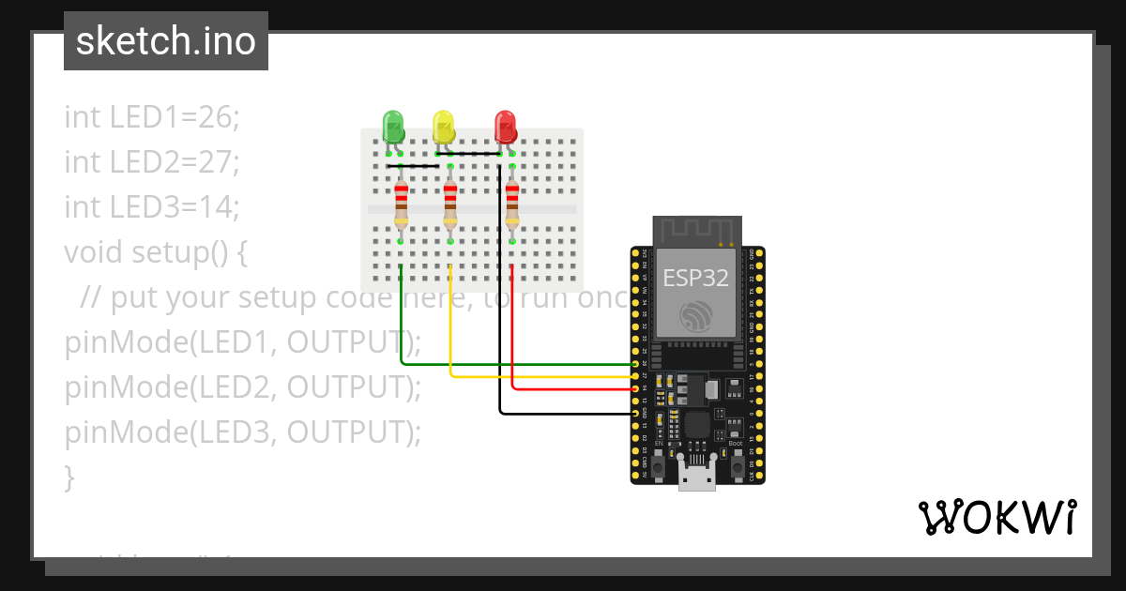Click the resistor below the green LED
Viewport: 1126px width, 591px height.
pos(401,204)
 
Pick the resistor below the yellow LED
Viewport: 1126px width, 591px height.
pos(450,204)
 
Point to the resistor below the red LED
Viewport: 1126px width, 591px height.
pos(511,204)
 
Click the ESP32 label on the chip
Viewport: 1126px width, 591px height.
pos(696,278)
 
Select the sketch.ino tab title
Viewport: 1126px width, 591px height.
pos(166,41)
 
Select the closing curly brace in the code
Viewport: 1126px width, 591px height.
pos(69,477)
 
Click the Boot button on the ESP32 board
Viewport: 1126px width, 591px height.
pos(738,465)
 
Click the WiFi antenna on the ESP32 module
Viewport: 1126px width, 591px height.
pos(696,231)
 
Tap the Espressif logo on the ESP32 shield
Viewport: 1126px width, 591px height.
pos(696,316)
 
